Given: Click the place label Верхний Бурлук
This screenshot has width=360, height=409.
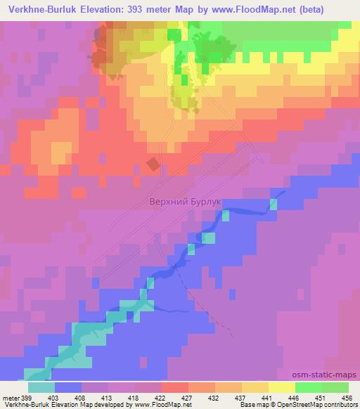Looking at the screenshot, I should [x=186, y=201].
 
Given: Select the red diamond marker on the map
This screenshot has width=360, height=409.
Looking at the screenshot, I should [x=153, y=164].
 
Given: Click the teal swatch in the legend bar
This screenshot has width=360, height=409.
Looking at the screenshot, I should [x=41, y=387].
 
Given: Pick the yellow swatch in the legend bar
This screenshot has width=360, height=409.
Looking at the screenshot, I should [x=282, y=387].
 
